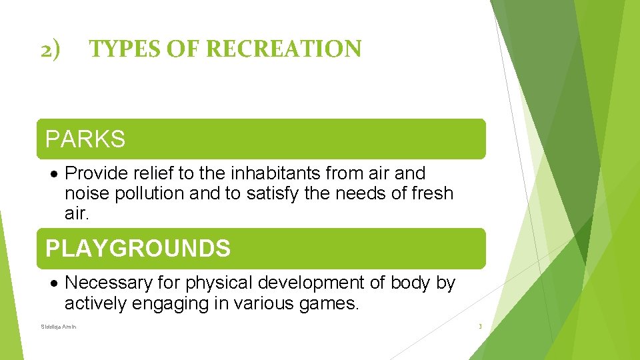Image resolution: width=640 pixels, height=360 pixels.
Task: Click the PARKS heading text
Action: (85, 139)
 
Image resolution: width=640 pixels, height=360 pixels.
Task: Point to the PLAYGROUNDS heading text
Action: (137, 249)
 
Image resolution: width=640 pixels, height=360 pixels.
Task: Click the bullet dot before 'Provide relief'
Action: (55, 173)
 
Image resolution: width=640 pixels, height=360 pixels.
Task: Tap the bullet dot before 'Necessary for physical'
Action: (55, 283)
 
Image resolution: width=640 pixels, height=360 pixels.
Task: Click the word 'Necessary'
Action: (109, 283)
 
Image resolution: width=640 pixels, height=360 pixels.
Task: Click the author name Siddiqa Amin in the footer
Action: (59, 327)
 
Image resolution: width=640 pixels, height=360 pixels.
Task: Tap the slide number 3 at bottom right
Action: (479, 327)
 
